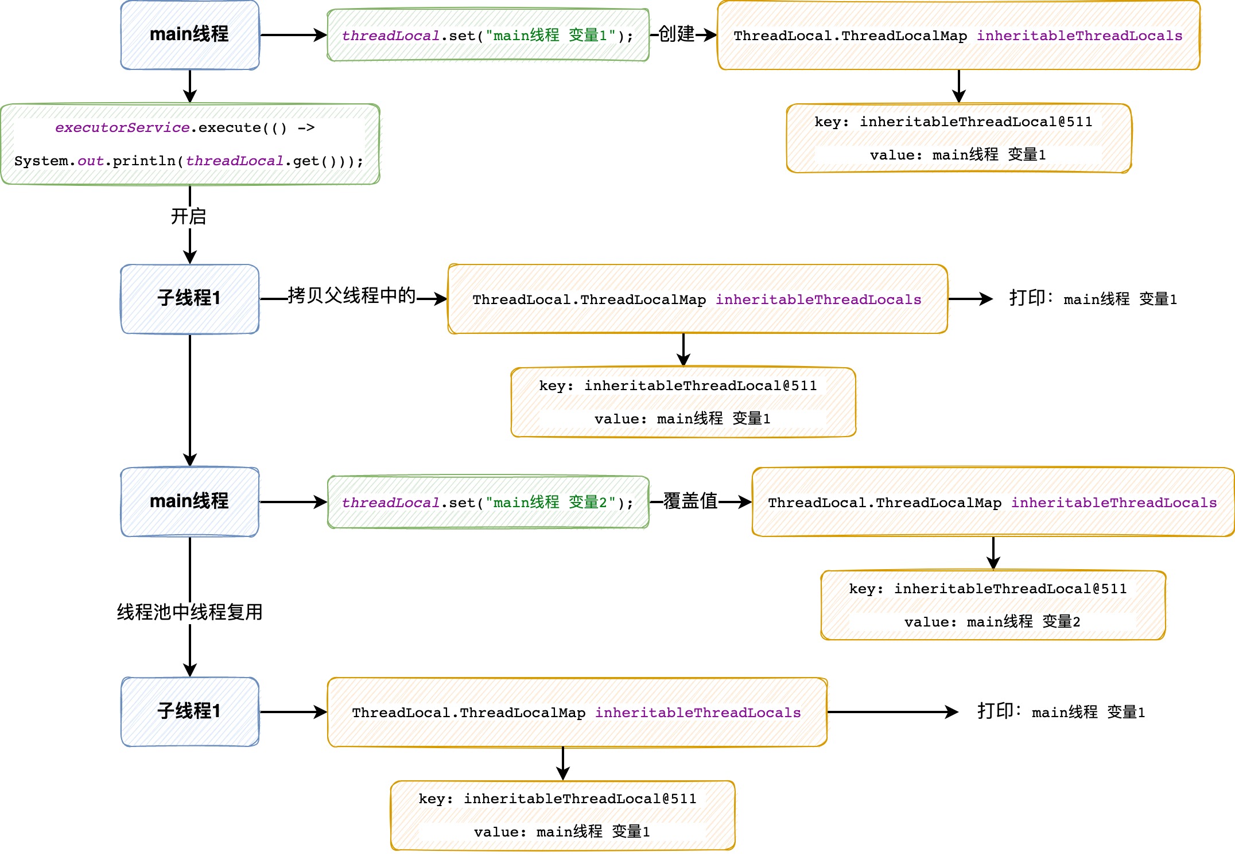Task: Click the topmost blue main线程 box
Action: point(190,35)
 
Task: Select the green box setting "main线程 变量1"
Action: point(488,35)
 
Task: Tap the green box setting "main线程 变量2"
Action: point(488,502)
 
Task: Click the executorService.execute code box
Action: point(190,144)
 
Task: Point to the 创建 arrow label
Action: point(676,34)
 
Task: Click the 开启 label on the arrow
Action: point(189,216)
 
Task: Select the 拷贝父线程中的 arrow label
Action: point(352,295)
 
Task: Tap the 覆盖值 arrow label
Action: point(691,501)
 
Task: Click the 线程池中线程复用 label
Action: point(190,612)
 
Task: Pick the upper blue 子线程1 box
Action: point(190,299)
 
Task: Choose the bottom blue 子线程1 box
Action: point(190,712)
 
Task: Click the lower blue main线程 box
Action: point(190,502)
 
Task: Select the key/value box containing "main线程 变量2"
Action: point(993,605)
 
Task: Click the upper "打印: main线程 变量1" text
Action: point(1093,298)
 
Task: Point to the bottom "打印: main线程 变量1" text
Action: point(1061,711)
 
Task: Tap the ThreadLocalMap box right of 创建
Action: point(959,35)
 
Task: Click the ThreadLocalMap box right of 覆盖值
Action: point(993,502)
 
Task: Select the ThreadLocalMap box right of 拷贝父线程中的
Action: point(698,299)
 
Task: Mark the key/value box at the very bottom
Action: point(563,815)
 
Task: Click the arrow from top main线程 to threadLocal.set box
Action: point(293,35)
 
